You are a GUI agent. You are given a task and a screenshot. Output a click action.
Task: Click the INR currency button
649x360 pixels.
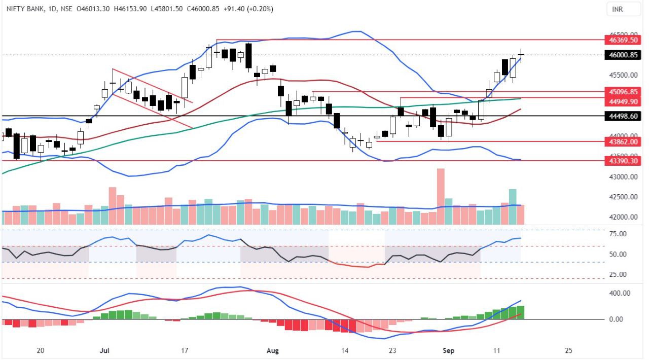(x=618, y=9)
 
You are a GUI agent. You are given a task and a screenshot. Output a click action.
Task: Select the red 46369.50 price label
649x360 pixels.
(x=623, y=40)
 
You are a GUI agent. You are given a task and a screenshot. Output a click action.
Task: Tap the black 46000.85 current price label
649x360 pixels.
(x=623, y=55)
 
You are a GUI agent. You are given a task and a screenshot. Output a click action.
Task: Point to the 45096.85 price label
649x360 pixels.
(x=623, y=92)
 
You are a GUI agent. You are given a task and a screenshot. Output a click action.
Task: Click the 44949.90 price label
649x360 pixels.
(x=623, y=101)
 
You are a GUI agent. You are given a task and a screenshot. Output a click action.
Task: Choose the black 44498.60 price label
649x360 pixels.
(x=623, y=116)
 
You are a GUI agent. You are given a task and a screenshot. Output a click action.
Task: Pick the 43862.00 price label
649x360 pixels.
(x=623, y=142)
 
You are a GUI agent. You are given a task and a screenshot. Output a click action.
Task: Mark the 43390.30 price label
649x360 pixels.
(x=623, y=160)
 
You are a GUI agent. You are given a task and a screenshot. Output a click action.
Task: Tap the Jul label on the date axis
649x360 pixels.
(x=105, y=350)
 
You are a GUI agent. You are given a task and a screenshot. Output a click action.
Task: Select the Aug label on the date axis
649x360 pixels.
(x=272, y=350)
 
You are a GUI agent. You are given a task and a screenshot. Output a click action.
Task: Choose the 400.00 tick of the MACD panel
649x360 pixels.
(x=620, y=294)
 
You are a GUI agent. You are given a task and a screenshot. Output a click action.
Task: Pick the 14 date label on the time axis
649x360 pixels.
(x=345, y=350)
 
